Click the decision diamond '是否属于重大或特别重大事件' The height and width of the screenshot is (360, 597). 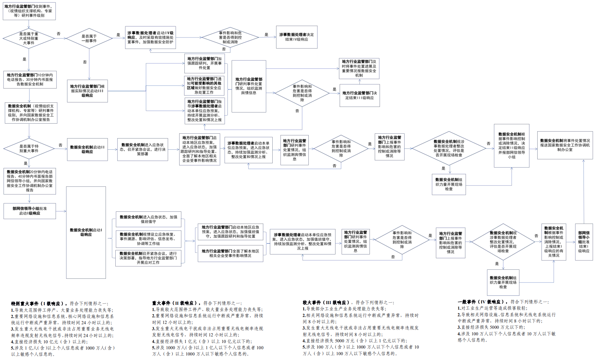click(x=29, y=39)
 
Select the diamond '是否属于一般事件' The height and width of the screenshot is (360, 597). click(x=89, y=39)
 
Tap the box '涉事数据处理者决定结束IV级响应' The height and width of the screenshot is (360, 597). click(x=297, y=37)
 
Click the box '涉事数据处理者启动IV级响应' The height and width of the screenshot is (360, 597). click(x=150, y=37)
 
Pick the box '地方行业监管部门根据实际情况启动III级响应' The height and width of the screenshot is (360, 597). click(x=87, y=91)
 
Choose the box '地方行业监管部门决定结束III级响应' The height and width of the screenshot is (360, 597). click(x=359, y=95)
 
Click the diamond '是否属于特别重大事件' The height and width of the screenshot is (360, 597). click(x=29, y=149)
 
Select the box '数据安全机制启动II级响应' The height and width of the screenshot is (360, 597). click(x=87, y=149)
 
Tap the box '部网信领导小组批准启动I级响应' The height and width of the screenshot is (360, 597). click(x=30, y=211)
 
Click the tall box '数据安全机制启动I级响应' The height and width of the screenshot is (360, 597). click(x=86, y=232)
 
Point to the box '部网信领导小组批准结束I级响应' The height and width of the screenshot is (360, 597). click(x=583, y=242)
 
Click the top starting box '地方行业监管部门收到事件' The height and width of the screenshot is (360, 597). click(x=29, y=11)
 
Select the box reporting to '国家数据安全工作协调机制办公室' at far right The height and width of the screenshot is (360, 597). click(x=565, y=145)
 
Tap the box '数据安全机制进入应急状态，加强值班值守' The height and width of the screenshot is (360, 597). click(x=148, y=219)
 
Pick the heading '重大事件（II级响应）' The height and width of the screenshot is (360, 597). click(x=176, y=303)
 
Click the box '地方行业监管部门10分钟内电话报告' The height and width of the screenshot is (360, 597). click(x=30, y=79)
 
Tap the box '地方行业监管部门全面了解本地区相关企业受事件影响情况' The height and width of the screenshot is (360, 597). click(x=230, y=253)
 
